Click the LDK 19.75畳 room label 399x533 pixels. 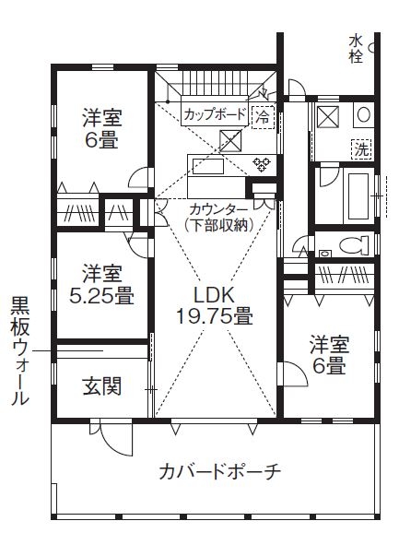[214, 305]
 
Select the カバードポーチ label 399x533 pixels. [219, 471]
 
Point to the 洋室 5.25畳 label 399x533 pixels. [101, 284]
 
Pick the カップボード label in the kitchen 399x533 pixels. [214, 115]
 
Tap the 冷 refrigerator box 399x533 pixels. [263, 117]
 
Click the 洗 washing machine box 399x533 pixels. [362, 148]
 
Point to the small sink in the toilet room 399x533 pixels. [324, 251]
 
